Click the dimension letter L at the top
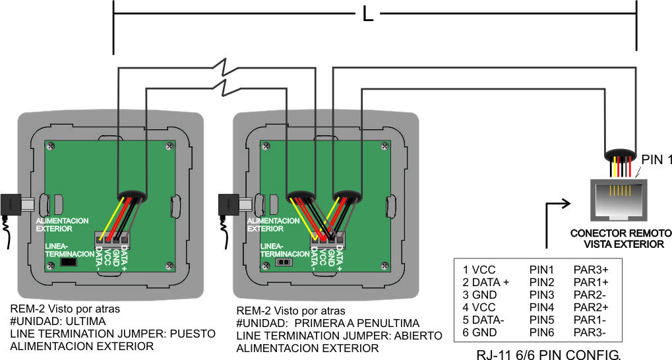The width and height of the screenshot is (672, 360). [x=368, y=14]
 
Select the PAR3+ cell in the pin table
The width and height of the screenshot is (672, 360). [x=591, y=270]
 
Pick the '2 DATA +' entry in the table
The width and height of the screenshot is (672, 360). [x=486, y=282]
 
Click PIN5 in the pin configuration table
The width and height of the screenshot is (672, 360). [x=542, y=320]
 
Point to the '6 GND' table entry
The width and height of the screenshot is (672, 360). [x=479, y=332]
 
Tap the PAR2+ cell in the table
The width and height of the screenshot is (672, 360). [x=591, y=307]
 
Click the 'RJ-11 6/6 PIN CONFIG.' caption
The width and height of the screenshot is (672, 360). [x=548, y=354]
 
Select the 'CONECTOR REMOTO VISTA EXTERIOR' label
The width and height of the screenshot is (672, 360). [x=621, y=239]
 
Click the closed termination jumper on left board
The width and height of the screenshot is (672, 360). [x=67, y=262]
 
